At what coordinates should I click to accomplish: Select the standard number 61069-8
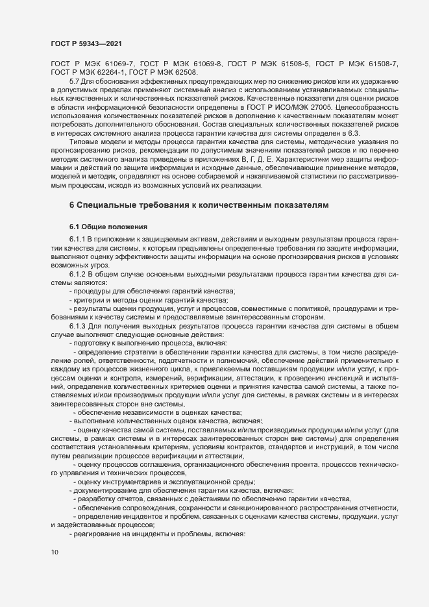pos(206,63)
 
